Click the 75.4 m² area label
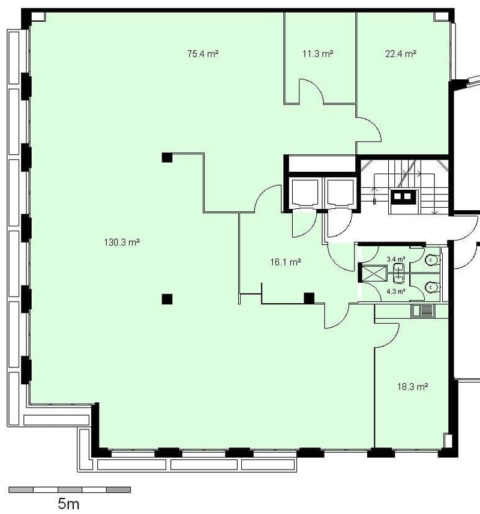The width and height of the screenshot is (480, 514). coord(203,53)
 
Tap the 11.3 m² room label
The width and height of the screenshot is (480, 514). coord(317,53)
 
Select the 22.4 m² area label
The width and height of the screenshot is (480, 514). coord(400,53)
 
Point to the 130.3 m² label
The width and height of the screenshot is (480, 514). coord(122,242)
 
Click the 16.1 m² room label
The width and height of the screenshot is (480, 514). coord(286,262)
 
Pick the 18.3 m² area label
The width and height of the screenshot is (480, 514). coord(413,387)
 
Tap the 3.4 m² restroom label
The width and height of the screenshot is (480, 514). coord(396,259)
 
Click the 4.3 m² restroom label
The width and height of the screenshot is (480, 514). coord(396,291)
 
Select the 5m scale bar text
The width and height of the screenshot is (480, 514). coord(68,504)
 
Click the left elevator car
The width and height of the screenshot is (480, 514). coord(304,194)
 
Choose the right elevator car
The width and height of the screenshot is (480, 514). coord(340,194)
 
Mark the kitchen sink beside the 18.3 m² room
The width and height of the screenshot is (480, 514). coord(423,311)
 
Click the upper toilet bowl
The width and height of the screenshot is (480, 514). coord(431,260)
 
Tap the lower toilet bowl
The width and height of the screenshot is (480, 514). coord(431,288)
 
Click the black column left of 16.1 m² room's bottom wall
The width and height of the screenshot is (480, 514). coord(167,299)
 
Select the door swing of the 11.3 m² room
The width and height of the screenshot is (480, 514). coord(317,86)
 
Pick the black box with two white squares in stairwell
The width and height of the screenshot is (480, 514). coord(403,197)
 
